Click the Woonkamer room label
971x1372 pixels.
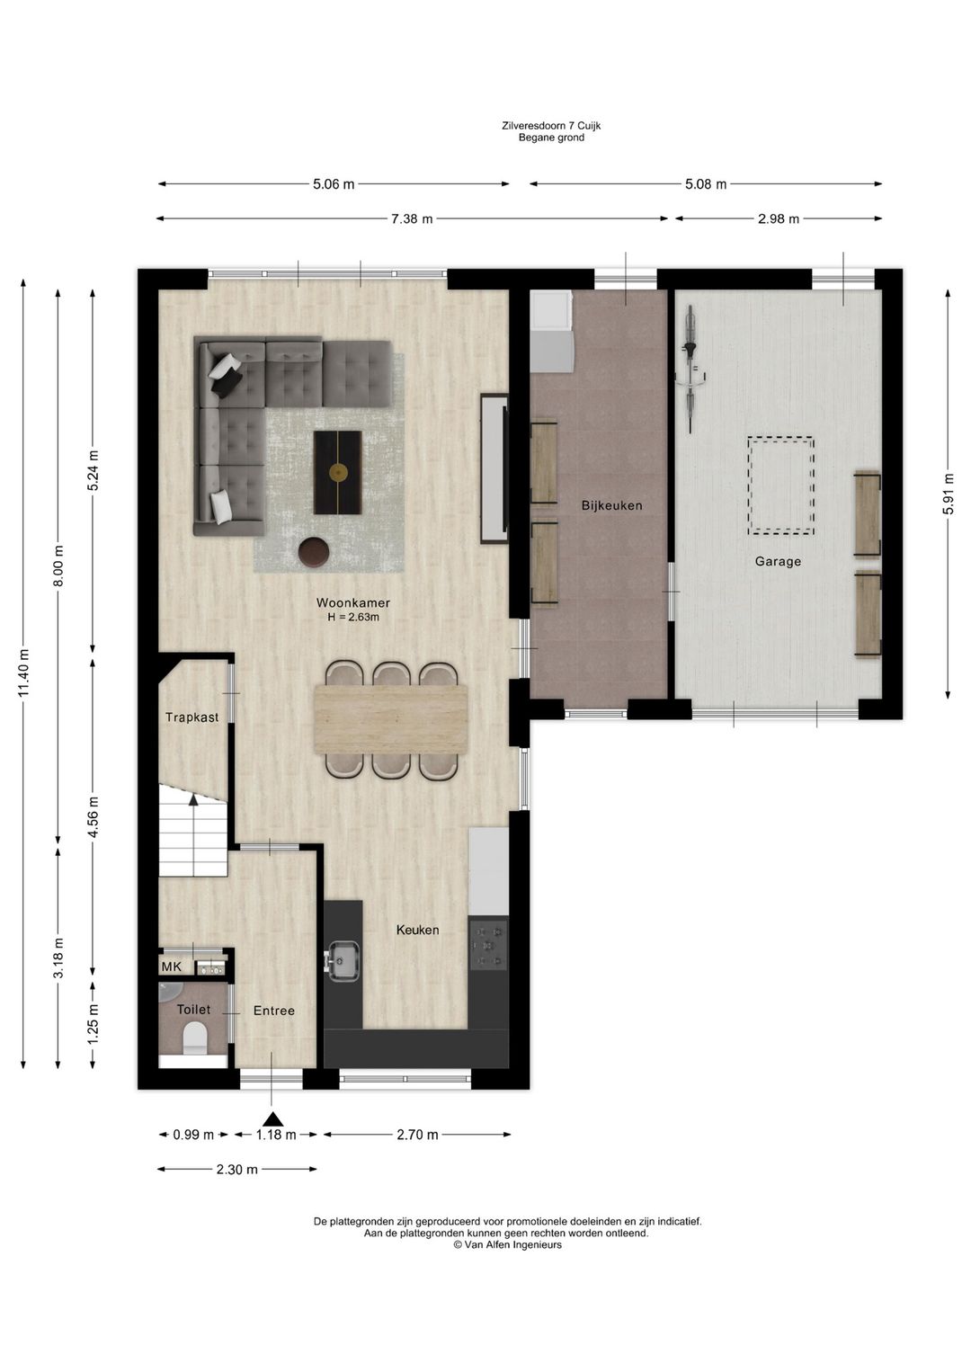coord(352,602)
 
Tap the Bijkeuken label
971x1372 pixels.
coord(612,505)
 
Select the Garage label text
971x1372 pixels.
coord(778,561)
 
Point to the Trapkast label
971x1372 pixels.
coord(192,717)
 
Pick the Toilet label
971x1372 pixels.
coord(193,1010)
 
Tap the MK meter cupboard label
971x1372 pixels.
coord(172,967)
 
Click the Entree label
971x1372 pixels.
coord(274,1011)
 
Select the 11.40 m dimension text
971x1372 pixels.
coord(23,672)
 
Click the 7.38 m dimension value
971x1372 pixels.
coord(412,218)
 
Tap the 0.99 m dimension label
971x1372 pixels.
coord(193,1135)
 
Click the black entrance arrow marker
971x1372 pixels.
coord(275,1119)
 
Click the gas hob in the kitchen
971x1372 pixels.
coord(487,947)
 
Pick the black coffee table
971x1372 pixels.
coord(337,472)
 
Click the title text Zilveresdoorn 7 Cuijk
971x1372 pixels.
coord(551,126)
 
